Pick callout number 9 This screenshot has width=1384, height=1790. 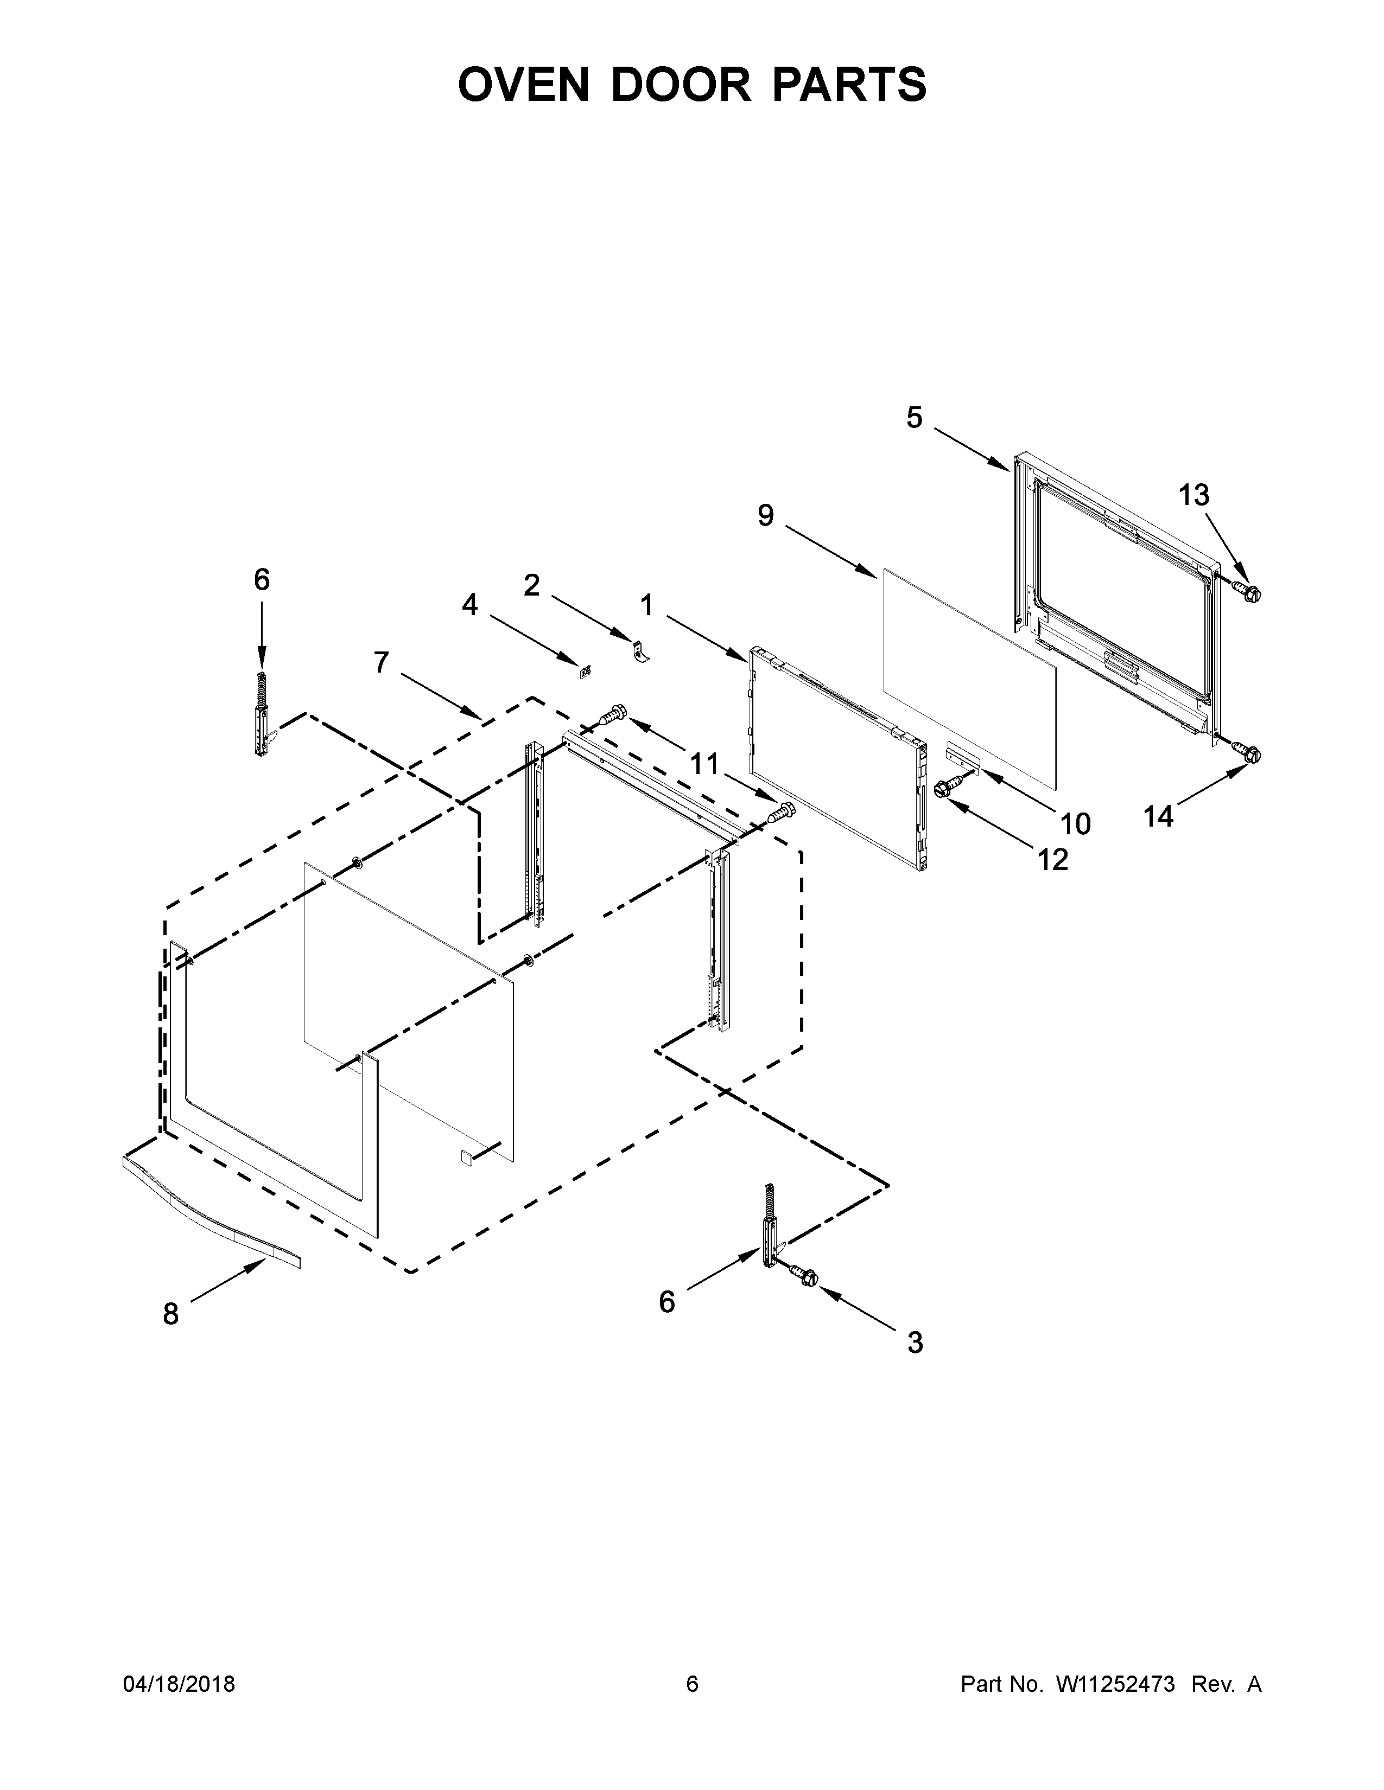765,515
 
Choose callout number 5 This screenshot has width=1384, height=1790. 914,418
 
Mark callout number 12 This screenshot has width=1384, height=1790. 1053,859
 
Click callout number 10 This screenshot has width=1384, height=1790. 1075,823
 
